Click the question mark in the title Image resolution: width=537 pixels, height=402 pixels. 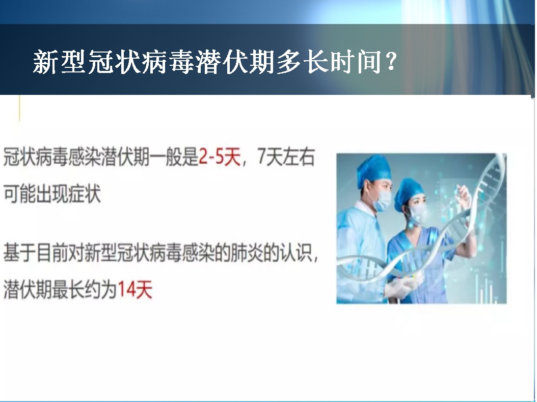click(x=390, y=61)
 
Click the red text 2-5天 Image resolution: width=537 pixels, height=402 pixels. click(x=220, y=158)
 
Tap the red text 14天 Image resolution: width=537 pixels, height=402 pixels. click(x=135, y=290)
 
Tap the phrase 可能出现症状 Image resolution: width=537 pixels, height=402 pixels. click(x=52, y=193)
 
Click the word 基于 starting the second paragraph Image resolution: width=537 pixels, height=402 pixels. click(x=19, y=253)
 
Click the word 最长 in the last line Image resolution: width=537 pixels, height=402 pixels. click(x=68, y=290)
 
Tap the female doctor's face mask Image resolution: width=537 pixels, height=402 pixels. click(x=418, y=213)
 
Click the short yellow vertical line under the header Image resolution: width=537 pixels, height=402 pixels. click(x=19, y=108)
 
